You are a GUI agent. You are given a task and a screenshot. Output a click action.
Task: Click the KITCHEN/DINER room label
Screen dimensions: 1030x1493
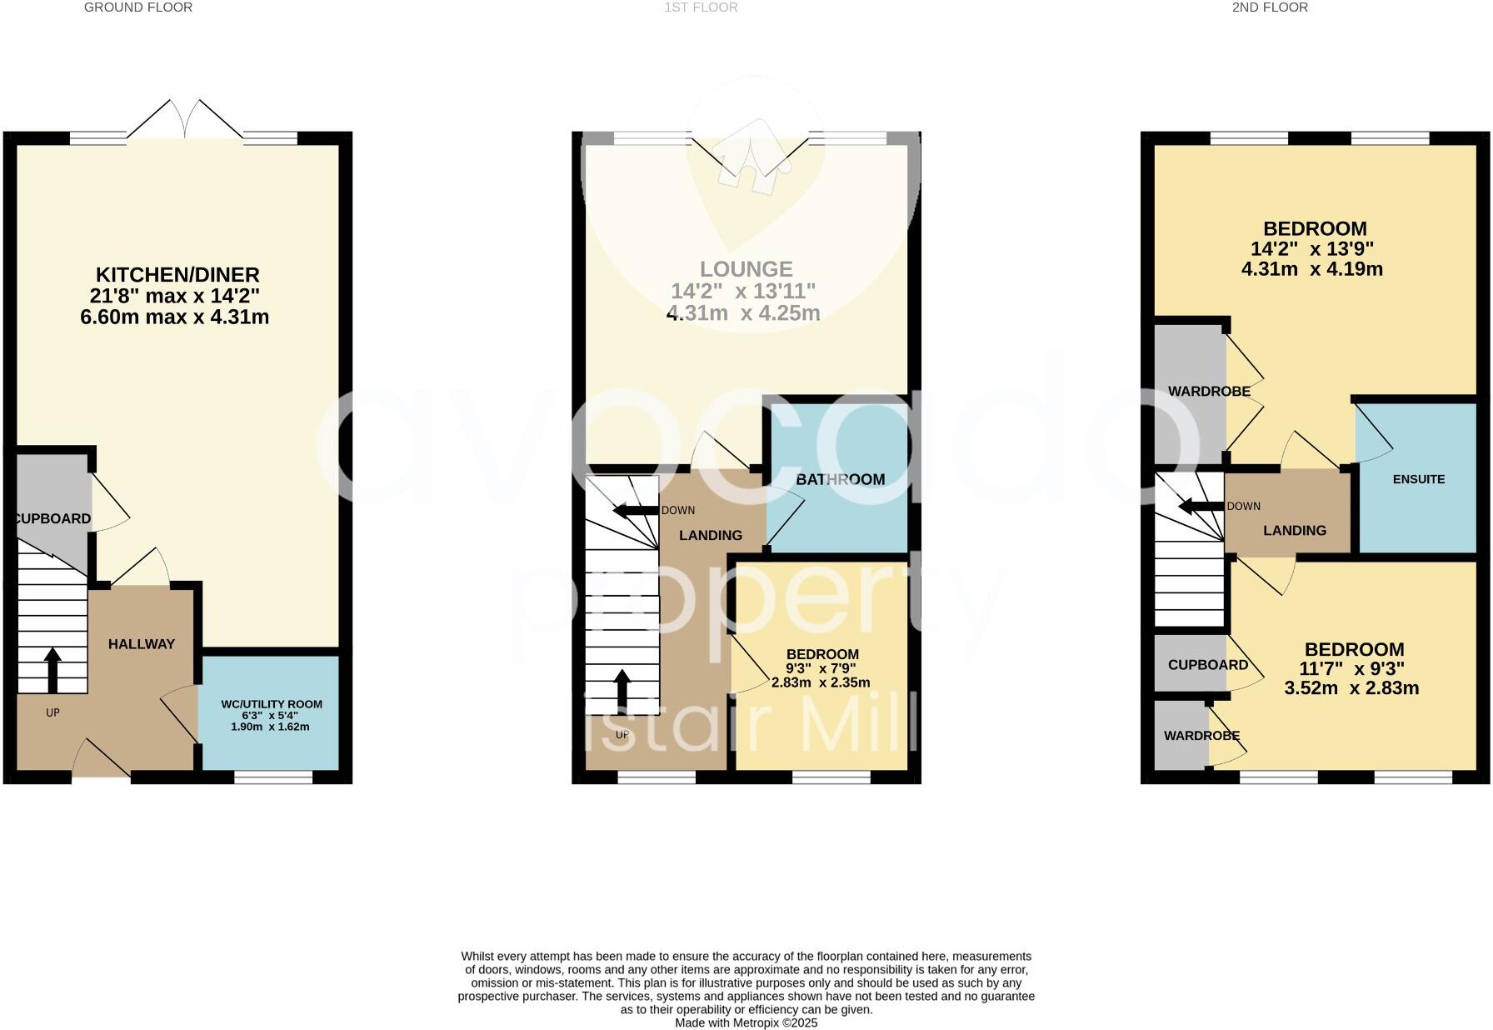click(177, 274)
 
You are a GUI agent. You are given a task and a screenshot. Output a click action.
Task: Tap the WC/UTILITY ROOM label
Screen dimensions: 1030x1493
click(271, 704)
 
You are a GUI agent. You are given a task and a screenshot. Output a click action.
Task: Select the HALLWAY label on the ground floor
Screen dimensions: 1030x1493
click(142, 644)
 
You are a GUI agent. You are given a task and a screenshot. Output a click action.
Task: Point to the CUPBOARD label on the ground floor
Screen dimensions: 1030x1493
click(52, 518)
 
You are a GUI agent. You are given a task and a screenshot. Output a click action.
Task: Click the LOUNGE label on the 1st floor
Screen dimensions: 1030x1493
click(746, 269)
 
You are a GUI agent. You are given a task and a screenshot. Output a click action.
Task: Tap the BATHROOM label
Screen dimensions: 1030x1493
click(840, 479)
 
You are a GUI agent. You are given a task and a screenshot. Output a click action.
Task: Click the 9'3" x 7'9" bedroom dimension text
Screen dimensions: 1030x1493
click(821, 668)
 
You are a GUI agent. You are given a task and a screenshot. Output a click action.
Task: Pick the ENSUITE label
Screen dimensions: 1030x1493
click(1418, 479)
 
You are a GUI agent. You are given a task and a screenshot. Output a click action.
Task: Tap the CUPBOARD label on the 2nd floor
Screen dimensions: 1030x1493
click(1207, 665)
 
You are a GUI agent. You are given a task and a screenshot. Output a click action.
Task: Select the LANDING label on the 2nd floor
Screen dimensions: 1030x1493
click(1294, 530)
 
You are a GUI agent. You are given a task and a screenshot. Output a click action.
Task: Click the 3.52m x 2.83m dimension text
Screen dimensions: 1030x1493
click(1353, 688)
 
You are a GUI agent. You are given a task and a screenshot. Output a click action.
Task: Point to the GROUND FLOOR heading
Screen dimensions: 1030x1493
click(138, 7)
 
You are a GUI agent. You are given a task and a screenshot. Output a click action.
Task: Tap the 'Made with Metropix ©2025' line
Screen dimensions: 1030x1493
click(746, 1022)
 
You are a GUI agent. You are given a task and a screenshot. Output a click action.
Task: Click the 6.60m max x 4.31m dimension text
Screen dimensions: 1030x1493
click(174, 317)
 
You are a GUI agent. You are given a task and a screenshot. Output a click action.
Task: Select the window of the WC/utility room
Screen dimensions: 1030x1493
click(272, 777)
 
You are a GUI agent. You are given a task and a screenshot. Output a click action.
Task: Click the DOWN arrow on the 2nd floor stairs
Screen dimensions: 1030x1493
click(1201, 506)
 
